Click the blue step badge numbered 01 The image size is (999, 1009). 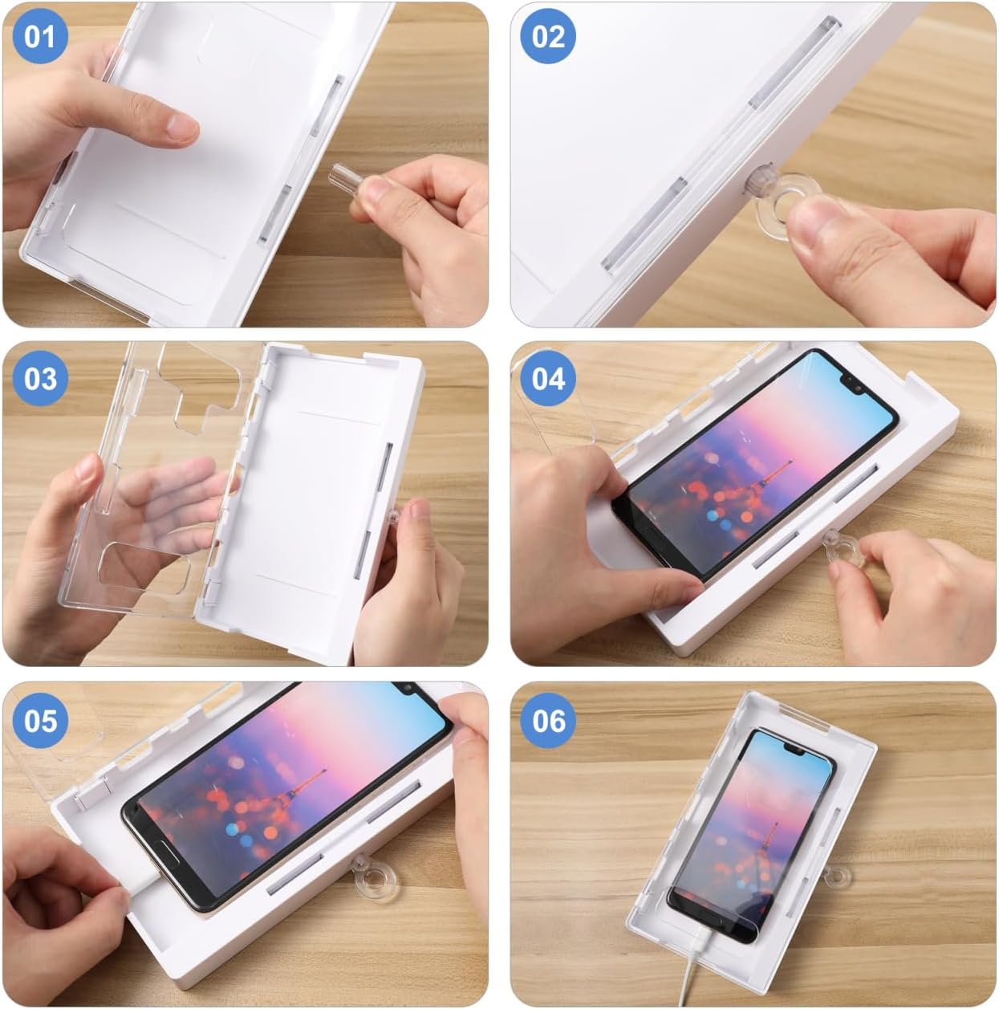click(x=40, y=37)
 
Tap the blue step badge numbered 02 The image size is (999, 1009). click(x=548, y=37)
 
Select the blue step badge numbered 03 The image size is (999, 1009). click(x=40, y=379)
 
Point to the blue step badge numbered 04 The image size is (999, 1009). click(x=548, y=379)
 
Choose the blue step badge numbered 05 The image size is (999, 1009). click(x=40, y=721)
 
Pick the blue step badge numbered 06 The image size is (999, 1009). click(x=548, y=721)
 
